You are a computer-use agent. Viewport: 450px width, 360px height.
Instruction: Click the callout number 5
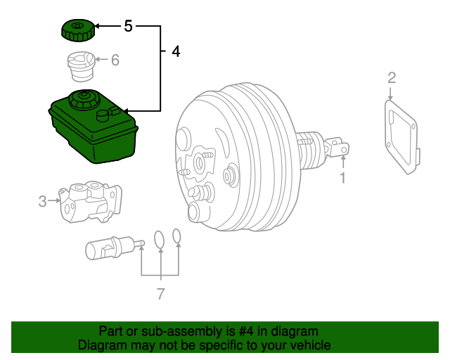127,27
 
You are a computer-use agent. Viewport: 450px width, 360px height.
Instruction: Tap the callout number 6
115,60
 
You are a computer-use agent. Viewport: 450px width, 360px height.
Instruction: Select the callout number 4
175,51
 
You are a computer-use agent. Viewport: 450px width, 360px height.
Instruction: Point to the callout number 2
392,77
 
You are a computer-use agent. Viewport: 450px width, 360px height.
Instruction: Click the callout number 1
343,178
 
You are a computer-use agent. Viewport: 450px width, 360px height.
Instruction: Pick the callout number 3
42,202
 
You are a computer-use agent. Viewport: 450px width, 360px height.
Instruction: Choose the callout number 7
160,293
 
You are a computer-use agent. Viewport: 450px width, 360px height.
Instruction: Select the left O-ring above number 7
160,239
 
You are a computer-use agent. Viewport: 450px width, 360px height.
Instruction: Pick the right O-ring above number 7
177,235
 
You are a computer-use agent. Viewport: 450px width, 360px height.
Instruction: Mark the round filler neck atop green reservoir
83,98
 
